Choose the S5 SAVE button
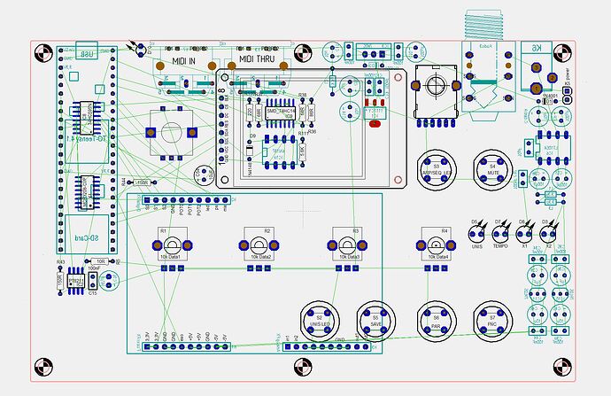pos(375,321)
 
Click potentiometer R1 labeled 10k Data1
pos(172,244)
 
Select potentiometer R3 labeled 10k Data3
pos(348,244)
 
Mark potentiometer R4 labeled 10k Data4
pos(436,244)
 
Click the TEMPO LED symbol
pos(501,235)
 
